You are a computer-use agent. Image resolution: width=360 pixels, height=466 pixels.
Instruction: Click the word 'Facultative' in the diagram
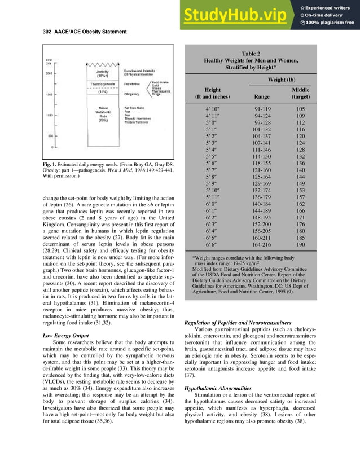pyautogui.click(x=133, y=83)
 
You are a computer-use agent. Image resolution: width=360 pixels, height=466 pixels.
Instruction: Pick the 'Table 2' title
pyautogui.click(x=251, y=52)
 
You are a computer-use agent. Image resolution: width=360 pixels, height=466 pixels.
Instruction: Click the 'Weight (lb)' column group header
pyautogui.click(x=284, y=80)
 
